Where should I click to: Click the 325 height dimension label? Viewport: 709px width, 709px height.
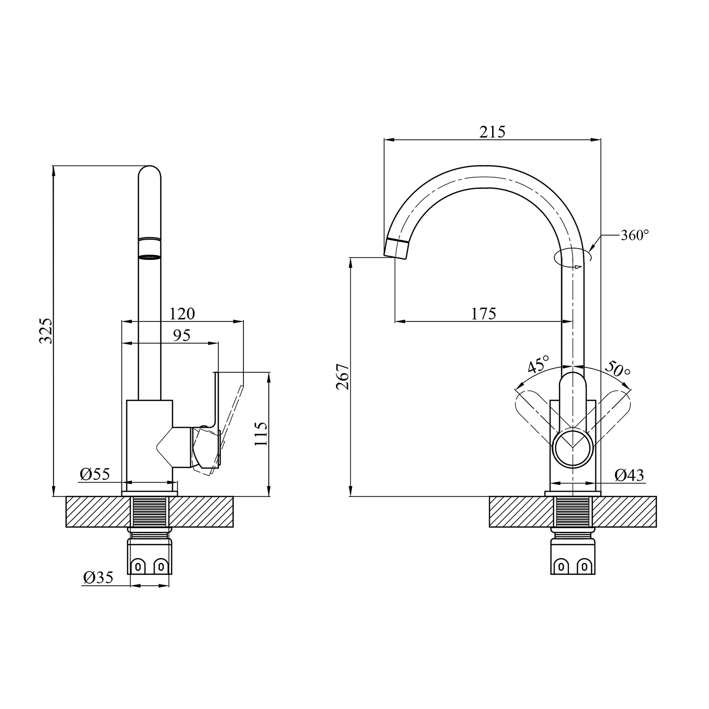click(x=46, y=331)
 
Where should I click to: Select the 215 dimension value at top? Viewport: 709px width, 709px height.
click(x=493, y=132)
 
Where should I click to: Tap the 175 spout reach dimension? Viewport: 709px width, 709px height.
click(x=484, y=313)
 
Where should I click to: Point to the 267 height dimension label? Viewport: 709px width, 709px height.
click(x=343, y=376)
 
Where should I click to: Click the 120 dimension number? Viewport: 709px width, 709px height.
click(x=182, y=313)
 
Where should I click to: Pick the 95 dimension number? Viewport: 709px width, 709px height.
click(x=182, y=335)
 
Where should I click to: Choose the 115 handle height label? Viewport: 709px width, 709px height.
click(x=260, y=434)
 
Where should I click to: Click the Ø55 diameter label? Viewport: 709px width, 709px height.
click(x=95, y=474)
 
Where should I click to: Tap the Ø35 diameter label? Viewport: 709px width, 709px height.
click(x=98, y=577)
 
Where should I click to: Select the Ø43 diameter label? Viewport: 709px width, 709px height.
click(x=630, y=475)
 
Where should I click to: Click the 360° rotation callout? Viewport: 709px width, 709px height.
click(x=634, y=235)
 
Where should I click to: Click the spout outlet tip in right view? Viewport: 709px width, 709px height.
click(x=396, y=249)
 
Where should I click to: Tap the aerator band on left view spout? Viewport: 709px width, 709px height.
click(x=149, y=248)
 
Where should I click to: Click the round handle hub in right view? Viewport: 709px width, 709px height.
click(x=572, y=447)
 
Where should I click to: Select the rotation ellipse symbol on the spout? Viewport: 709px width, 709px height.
click(x=572, y=258)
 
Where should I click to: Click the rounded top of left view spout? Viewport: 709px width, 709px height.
click(x=149, y=172)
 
